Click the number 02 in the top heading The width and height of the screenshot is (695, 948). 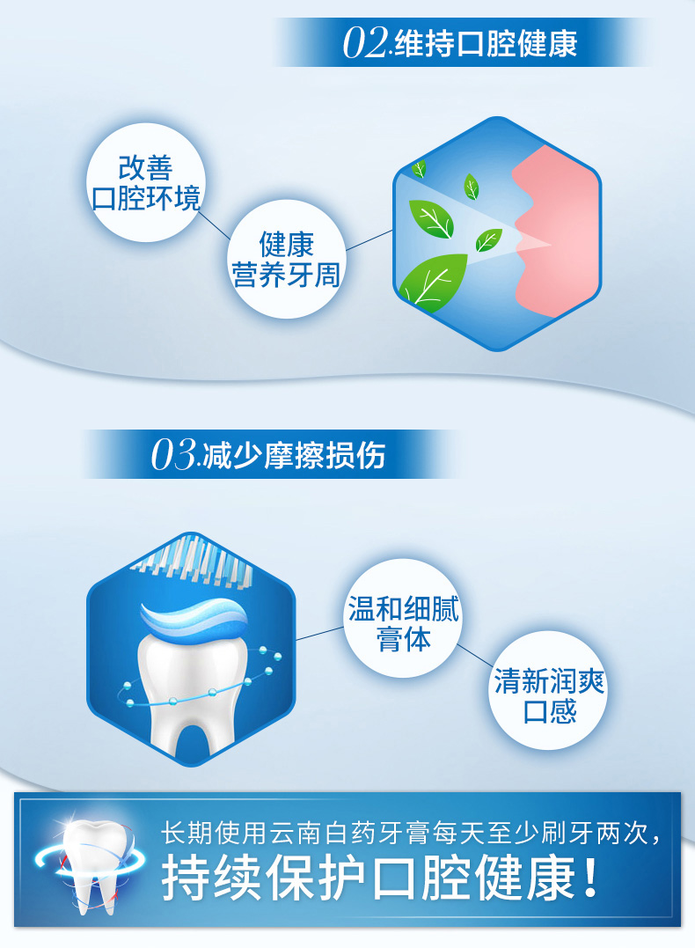click(x=365, y=43)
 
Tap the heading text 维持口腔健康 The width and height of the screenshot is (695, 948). click(x=486, y=43)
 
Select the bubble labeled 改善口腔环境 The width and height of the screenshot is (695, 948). click(x=146, y=182)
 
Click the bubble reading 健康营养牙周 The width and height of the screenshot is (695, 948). click(x=287, y=259)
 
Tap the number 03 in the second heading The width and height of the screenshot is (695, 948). click(x=173, y=455)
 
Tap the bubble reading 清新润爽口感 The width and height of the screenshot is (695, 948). click(x=548, y=690)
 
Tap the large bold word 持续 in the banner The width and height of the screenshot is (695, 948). click(x=209, y=878)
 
